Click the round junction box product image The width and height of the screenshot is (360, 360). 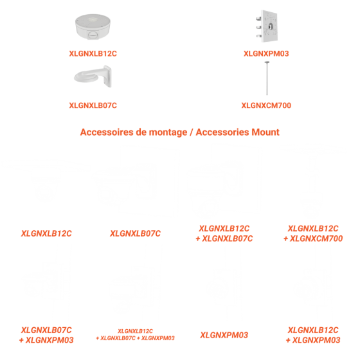pyautogui.click(x=93, y=27)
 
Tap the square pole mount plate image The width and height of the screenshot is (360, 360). pyautogui.click(x=267, y=26)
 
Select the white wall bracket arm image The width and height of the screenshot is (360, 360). pyautogui.click(x=93, y=76)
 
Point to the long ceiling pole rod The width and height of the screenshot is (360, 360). pyautogui.click(x=267, y=78)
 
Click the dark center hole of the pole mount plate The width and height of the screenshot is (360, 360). pyautogui.click(x=271, y=26)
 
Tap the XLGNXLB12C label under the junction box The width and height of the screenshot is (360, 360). pyautogui.click(x=93, y=53)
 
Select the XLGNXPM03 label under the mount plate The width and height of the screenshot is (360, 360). pyautogui.click(x=266, y=53)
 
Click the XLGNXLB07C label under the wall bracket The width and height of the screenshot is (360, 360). pyautogui.click(x=93, y=105)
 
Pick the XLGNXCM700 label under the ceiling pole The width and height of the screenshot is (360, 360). pyautogui.click(x=266, y=105)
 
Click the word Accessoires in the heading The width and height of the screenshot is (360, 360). pyautogui.click(x=107, y=132)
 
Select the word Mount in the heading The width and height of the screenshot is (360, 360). pyautogui.click(x=265, y=132)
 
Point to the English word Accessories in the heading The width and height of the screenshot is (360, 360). pyautogui.click(x=222, y=132)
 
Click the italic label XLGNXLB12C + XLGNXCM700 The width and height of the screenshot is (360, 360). pyautogui.click(x=313, y=233)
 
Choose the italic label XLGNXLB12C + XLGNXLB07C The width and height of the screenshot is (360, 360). pyautogui.click(x=224, y=233)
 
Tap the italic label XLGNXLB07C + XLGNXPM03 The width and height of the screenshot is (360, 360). pyautogui.click(x=46, y=335)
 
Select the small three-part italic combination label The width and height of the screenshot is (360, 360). pyautogui.click(x=135, y=334)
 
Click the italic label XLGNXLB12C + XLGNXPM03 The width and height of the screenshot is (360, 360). pyautogui.click(x=313, y=335)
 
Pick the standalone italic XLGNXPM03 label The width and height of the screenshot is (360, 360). pyautogui.click(x=224, y=335)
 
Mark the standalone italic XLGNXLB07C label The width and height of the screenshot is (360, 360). pyautogui.click(x=135, y=233)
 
